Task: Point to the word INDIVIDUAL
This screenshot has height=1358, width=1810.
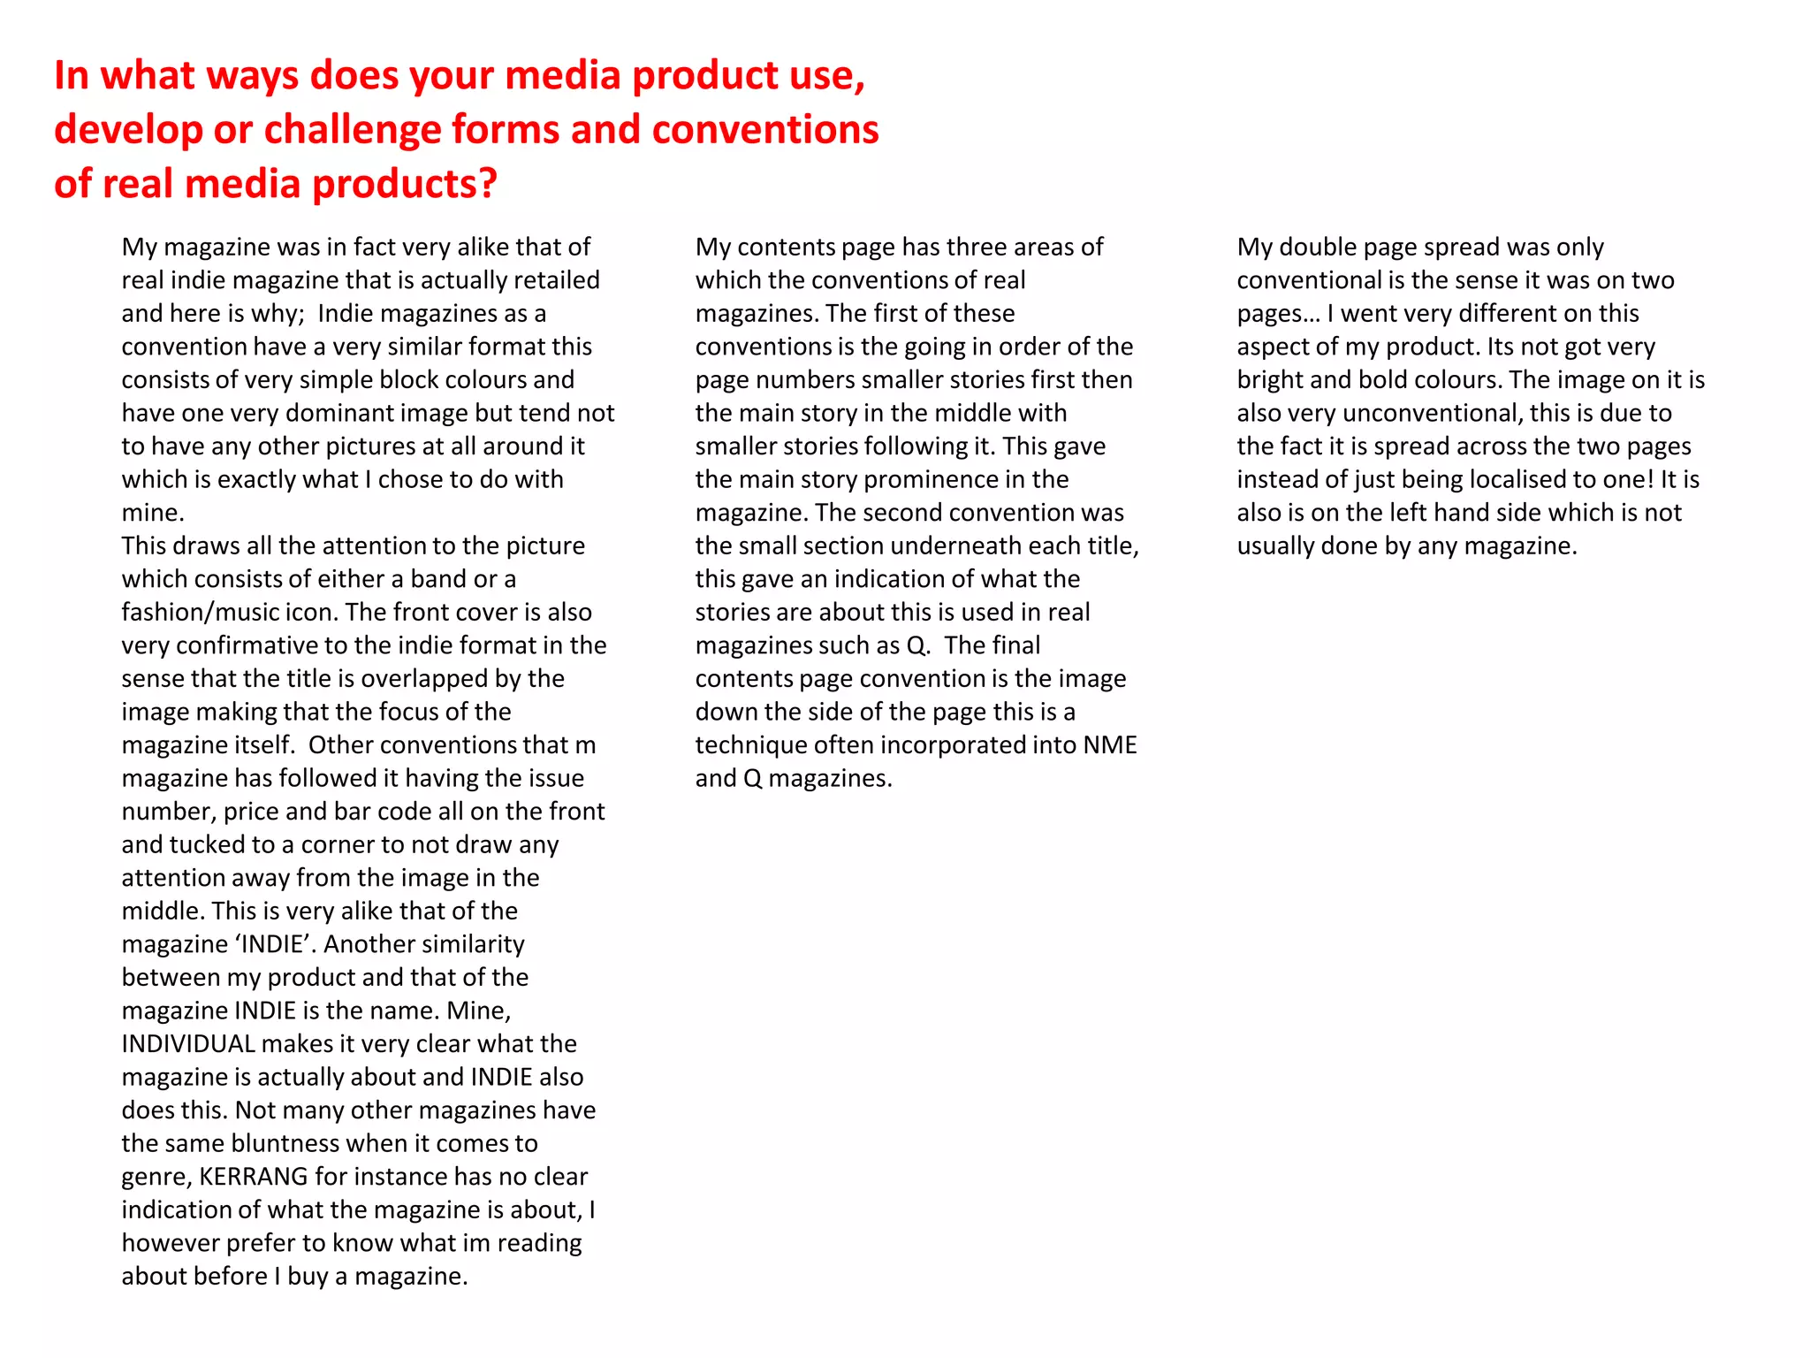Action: coord(188,1044)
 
